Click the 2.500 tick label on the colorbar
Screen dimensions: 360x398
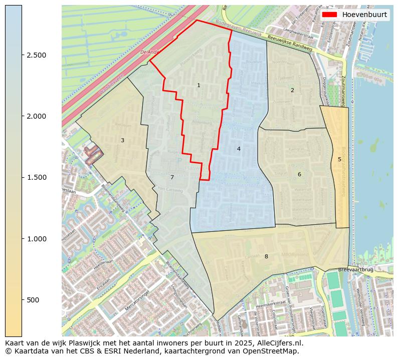pyautogui.click(x=36, y=55)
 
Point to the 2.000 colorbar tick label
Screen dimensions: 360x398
pyautogui.click(x=36, y=116)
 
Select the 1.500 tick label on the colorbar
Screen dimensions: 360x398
pyautogui.click(x=36, y=177)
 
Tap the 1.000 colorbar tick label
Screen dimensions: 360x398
pyautogui.click(x=36, y=239)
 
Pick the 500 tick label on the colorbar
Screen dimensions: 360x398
pyautogui.click(x=33, y=300)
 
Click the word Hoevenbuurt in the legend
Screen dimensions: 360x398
pyautogui.click(x=364, y=15)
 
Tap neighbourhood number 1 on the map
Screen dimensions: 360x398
pyautogui.click(x=198, y=86)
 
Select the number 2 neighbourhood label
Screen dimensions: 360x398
pyautogui.click(x=292, y=91)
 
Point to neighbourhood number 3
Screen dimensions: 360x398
pyautogui.click(x=122, y=141)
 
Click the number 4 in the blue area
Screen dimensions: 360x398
pyautogui.click(x=239, y=149)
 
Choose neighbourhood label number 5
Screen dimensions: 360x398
pyautogui.click(x=339, y=160)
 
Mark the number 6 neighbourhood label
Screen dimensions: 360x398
pyautogui.click(x=299, y=175)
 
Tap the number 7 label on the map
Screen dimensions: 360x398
pyautogui.click(x=172, y=178)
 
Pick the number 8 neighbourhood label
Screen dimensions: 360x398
pyautogui.click(x=266, y=257)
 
